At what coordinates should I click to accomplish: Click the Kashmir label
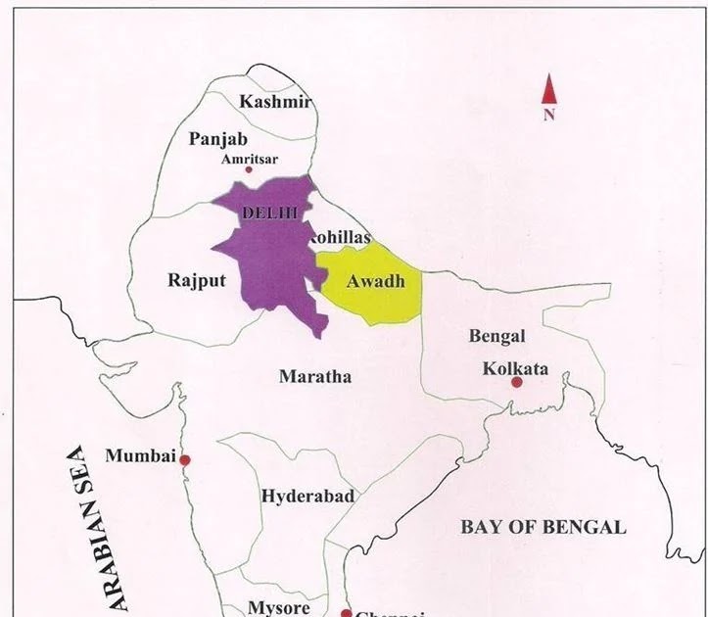(275, 102)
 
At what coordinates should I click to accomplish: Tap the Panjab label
(217, 140)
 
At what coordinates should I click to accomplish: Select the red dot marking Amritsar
(249, 169)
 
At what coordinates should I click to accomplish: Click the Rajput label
(196, 280)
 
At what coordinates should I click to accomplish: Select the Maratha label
(314, 376)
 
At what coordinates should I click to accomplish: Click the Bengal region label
(496, 336)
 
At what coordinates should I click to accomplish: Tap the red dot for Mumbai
(184, 459)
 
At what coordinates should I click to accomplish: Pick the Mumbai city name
(140, 456)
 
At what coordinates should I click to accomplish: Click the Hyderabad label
(307, 497)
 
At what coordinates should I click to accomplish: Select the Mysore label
(278, 607)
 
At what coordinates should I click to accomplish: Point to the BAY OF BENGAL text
(543, 527)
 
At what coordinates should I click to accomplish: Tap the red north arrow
(549, 91)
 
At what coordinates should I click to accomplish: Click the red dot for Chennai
(346, 613)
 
